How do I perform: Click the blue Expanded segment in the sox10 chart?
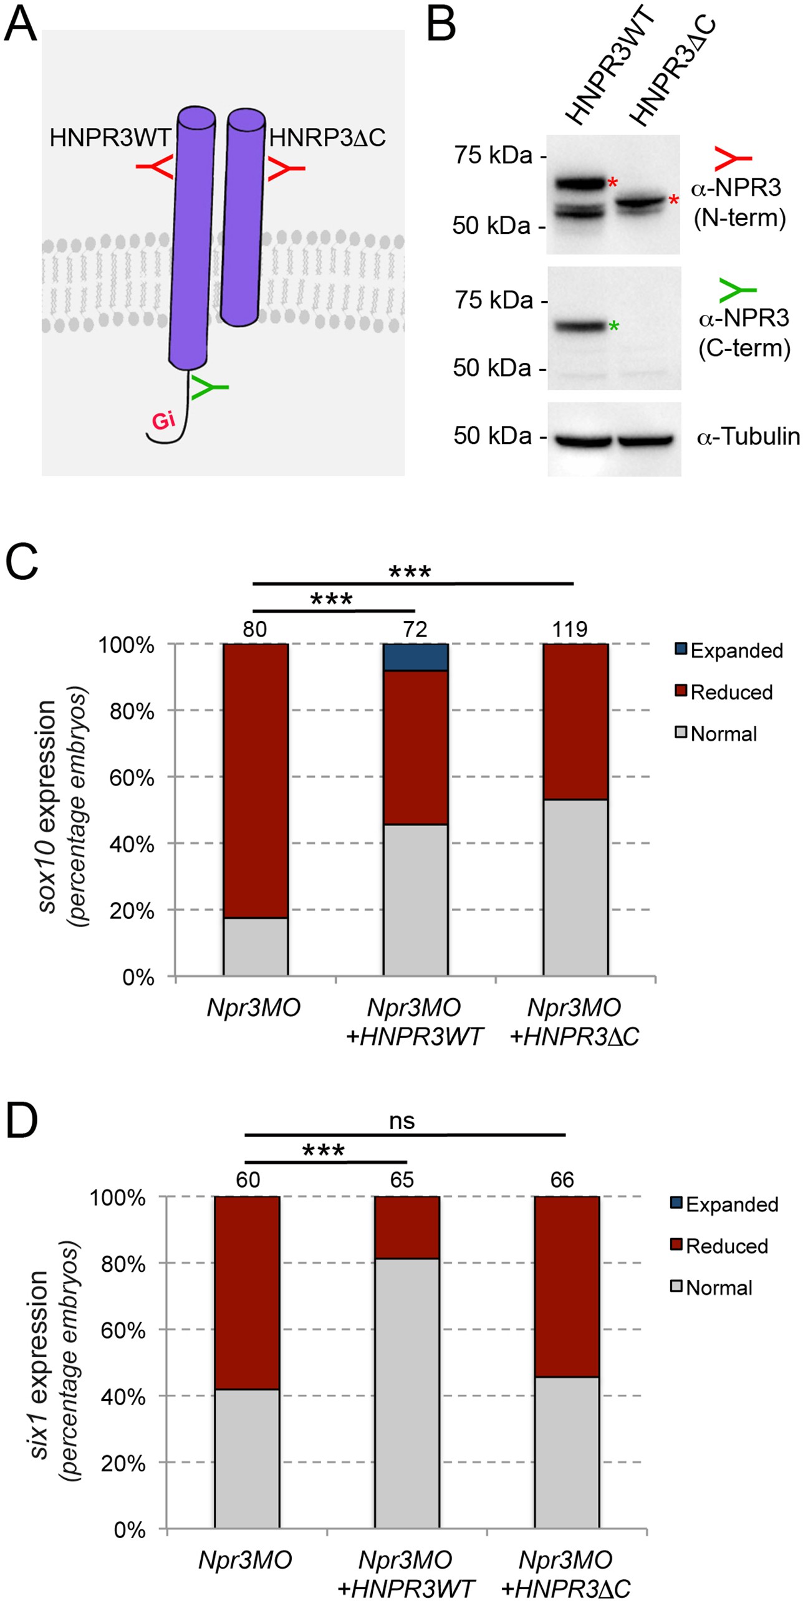[x=415, y=656]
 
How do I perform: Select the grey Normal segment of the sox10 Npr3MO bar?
[x=256, y=946]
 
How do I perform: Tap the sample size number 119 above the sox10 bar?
[x=569, y=630]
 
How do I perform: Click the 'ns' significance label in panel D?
[x=401, y=1122]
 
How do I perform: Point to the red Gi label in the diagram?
[x=163, y=421]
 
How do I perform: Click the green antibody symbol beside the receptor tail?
[x=209, y=387]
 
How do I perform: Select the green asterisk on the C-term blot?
[x=614, y=326]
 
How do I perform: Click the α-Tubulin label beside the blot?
[x=748, y=436]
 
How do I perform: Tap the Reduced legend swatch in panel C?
[x=681, y=691]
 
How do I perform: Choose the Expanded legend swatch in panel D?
[x=676, y=1203]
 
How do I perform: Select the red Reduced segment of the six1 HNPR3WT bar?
[x=406, y=1228]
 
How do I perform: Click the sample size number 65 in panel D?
[x=402, y=1180]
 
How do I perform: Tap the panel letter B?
[x=441, y=26]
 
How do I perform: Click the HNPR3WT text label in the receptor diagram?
[x=110, y=137]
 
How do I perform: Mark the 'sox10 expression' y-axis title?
[x=49, y=807]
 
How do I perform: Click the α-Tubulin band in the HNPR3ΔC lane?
[x=645, y=440]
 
